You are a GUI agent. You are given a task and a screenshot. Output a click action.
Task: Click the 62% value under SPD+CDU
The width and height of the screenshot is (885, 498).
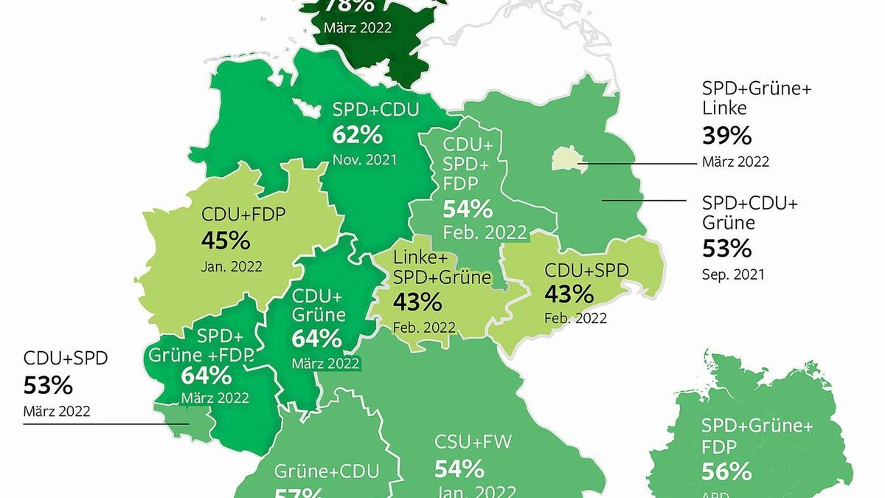pos(357,135)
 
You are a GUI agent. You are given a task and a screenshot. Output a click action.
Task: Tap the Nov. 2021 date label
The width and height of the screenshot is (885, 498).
pos(364,159)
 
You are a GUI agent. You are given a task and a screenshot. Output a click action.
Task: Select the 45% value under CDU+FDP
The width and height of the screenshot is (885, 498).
pos(226,241)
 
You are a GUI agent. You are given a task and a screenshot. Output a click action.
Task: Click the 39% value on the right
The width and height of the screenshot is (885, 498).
pos(726,136)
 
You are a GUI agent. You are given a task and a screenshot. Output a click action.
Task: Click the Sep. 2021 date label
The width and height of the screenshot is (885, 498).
pos(733,274)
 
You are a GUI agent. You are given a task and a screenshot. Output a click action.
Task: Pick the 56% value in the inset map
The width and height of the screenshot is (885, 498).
pos(726,471)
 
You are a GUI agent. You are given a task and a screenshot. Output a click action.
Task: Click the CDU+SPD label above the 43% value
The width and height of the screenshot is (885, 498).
pos(586,270)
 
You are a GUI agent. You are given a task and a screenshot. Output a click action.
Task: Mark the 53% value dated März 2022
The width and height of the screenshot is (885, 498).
pos(49,385)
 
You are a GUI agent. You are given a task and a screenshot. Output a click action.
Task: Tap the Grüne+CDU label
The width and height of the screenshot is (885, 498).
pos(327,471)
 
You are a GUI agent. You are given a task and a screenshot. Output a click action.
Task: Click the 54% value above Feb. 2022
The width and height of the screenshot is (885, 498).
pos(468,209)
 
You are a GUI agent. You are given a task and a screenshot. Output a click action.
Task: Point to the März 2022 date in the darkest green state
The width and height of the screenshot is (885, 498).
pos(358,28)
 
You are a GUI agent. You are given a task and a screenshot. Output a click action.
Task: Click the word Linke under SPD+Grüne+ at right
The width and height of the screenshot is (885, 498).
pos(725,108)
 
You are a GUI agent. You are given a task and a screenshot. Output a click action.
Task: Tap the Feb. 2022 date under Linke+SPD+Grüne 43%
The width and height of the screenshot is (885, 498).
pos(424,327)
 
